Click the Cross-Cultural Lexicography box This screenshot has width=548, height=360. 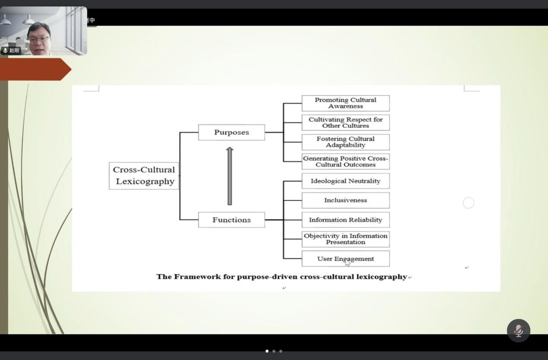[x=144, y=176]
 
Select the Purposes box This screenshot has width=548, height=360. [x=231, y=133]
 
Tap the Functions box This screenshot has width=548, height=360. [x=231, y=220]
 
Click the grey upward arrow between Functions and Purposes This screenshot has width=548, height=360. [x=230, y=176]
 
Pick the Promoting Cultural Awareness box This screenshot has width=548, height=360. [x=345, y=103]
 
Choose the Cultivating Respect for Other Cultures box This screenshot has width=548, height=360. [x=345, y=123]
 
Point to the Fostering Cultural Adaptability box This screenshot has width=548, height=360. [x=345, y=142]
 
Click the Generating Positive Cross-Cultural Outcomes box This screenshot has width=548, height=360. [x=345, y=161]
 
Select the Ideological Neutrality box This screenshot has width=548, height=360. [x=345, y=181]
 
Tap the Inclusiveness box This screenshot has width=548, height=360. [x=345, y=200]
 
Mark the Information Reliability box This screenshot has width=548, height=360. [x=345, y=220]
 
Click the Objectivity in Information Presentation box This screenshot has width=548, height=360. [x=345, y=239]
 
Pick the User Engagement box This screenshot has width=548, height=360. [x=345, y=259]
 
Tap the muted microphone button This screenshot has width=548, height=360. [x=518, y=331]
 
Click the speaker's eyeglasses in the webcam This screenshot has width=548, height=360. [x=39, y=39]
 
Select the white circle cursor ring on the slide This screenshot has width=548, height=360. [x=469, y=203]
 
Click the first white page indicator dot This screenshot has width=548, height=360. [x=267, y=351]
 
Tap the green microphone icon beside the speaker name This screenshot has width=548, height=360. [x=5, y=51]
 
